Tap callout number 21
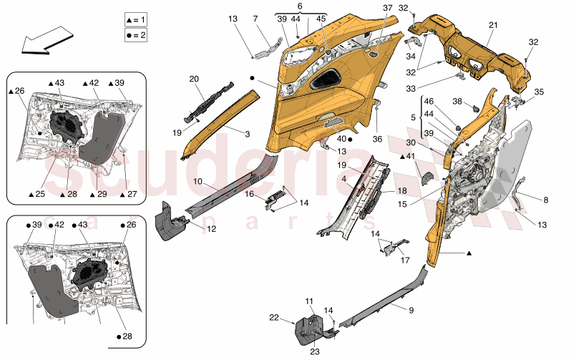coord(492,24)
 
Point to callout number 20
coord(194,79)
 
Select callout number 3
coord(247,133)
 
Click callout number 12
coord(211,229)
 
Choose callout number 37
coord(387,8)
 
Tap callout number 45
coord(321,18)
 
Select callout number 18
coord(401,191)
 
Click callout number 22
coord(275,318)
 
